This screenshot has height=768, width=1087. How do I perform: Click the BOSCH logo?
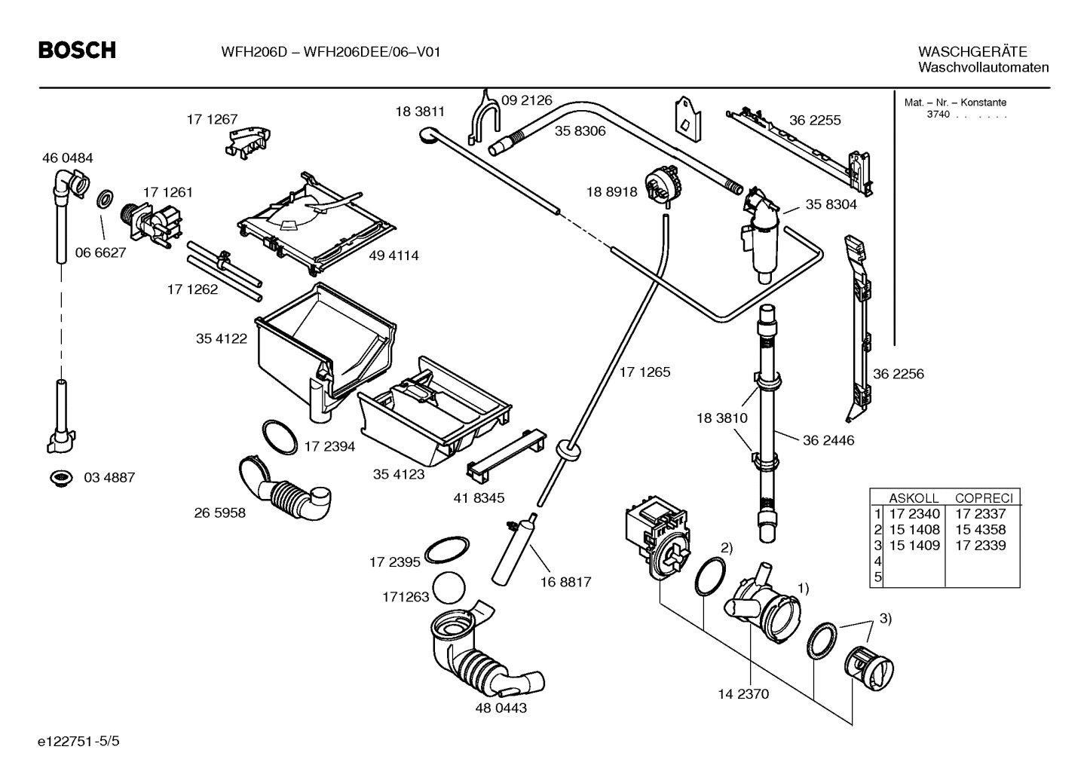click(x=77, y=50)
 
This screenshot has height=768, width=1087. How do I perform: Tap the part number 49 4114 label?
click(x=393, y=255)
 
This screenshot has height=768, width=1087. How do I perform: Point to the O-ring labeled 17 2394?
click(x=279, y=438)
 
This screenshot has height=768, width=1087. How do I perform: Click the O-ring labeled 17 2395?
click(x=447, y=550)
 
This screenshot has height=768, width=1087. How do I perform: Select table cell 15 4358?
click(x=980, y=530)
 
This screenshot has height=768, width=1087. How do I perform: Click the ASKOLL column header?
click(x=914, y=498)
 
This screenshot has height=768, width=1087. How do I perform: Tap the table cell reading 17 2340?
click(x=914, y=514)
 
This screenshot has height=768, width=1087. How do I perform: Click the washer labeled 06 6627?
click(x=105, y=200)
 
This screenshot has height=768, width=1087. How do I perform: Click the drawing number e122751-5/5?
click(x=78, y=741)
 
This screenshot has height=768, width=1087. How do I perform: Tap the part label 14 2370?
click(x=743, y=694)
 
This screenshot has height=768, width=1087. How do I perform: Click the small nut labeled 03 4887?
click(x=60, y=477)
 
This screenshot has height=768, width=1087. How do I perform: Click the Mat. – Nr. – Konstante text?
click(x=954, y=103)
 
